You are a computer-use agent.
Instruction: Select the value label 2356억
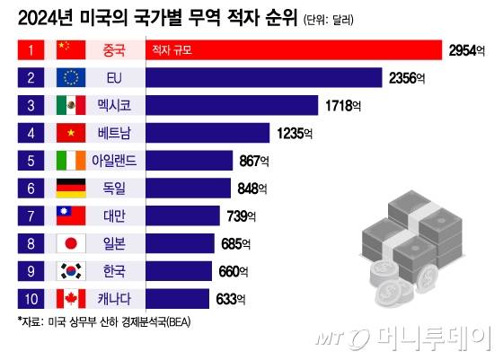coord(410,78)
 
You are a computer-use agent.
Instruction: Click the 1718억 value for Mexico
coord(346,106)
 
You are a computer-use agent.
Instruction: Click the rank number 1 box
coord(30,49)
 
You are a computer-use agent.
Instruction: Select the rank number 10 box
coord(30,299)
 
